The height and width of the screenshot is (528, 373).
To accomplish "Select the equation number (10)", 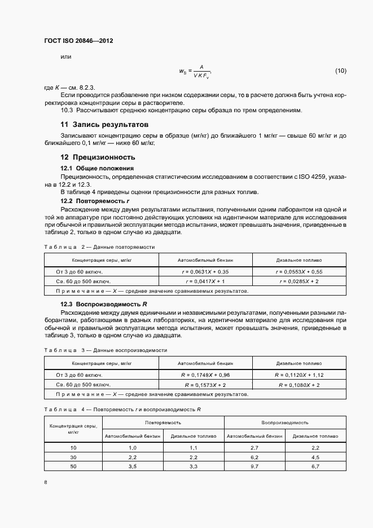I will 341,71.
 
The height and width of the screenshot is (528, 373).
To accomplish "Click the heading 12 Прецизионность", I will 98,157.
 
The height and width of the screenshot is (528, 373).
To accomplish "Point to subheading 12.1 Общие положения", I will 97,168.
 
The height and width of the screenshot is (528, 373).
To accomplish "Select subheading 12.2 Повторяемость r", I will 95,201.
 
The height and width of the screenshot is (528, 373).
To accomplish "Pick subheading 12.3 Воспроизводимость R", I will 104,304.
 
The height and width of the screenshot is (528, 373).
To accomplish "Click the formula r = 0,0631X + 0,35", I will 205,271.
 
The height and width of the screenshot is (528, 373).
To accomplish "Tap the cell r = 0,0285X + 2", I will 299,280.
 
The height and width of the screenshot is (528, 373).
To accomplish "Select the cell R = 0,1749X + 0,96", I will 205,375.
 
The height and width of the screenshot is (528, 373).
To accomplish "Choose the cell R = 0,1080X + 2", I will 299,384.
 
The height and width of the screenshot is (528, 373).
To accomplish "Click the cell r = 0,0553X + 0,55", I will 299,271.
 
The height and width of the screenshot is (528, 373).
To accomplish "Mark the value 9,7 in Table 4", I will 254,467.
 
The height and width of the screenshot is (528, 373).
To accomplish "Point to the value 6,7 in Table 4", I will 315,467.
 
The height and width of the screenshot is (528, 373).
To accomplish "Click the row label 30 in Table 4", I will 72,457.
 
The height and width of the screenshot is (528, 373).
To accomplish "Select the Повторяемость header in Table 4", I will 162,422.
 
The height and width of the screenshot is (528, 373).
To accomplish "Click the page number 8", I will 45,482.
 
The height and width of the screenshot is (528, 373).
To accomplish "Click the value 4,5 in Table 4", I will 315,457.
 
